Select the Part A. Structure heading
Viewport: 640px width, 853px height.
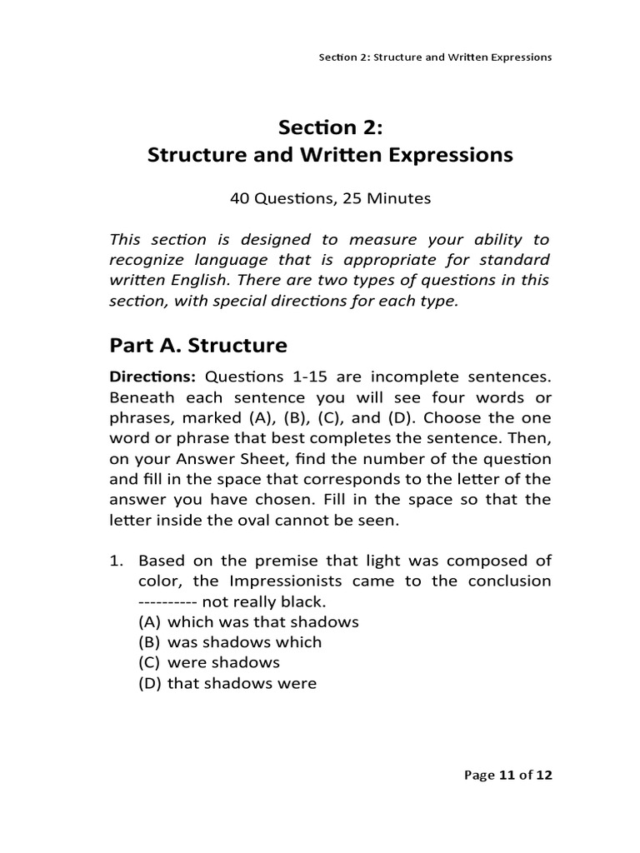coord(198,345)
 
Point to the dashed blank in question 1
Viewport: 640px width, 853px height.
coord(166,601)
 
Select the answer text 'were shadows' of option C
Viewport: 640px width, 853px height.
coord(223,662)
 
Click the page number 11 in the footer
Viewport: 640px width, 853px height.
coord(506,775)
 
